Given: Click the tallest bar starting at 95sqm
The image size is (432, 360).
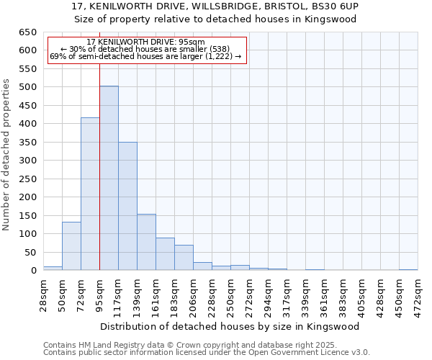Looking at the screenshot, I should click(x=109, y=178).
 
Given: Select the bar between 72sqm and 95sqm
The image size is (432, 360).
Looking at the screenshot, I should click(x=90, y=194).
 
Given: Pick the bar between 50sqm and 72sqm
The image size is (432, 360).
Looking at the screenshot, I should click(x=71, y=246).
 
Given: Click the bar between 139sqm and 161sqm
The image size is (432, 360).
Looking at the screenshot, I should click(x=146, y=242).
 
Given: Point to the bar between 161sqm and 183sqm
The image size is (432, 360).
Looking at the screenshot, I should click(x=165, y=254).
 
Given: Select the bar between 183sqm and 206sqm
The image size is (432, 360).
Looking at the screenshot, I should click(x=184, y=258).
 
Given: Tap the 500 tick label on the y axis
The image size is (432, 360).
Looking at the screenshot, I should click(x=27, y=87).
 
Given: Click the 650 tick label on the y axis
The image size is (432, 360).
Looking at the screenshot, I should click(x=27, y=32).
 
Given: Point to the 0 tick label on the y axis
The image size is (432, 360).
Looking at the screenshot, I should click(x=33, y=271).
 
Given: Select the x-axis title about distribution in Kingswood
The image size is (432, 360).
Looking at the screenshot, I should click(x=230, y=326).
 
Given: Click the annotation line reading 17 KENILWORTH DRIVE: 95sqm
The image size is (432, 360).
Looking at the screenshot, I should click(x=146, y=42).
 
